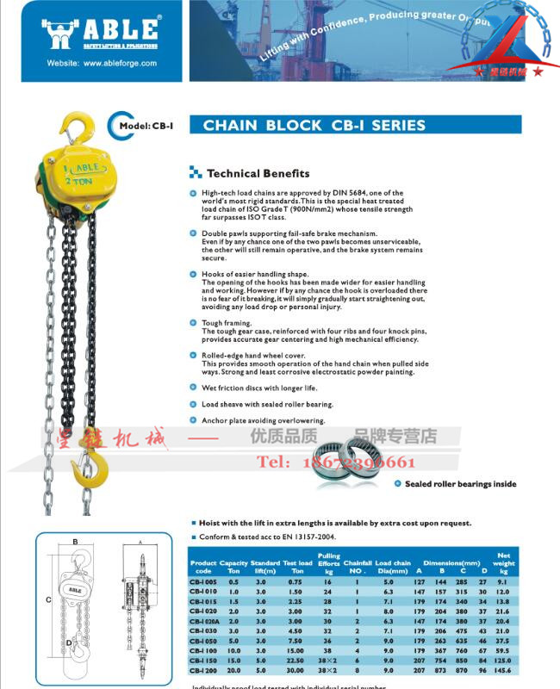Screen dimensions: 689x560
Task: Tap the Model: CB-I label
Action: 146,126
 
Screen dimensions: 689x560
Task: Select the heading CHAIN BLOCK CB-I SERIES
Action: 314,126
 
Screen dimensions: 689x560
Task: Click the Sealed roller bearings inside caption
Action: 460,484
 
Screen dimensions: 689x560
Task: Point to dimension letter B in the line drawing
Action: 76,542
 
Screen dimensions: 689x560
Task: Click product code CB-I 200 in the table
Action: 203,669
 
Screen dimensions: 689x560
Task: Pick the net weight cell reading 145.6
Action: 504,669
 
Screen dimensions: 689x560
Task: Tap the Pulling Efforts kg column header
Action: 328,563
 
